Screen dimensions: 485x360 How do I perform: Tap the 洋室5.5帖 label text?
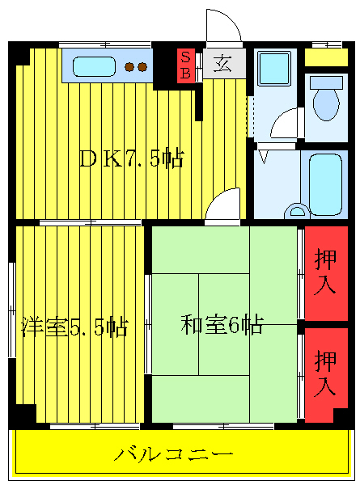[x=74, y=327]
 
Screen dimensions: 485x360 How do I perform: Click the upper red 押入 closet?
[x=326, y=272]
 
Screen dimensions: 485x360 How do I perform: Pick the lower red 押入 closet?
[x=326, y=373]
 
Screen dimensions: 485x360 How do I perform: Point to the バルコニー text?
[x=173, y=453]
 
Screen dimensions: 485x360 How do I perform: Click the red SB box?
[x=186, y=65]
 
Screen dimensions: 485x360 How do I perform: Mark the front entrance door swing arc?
[x=224, y=24]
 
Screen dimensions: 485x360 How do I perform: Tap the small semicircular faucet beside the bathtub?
[x=296, y=212]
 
